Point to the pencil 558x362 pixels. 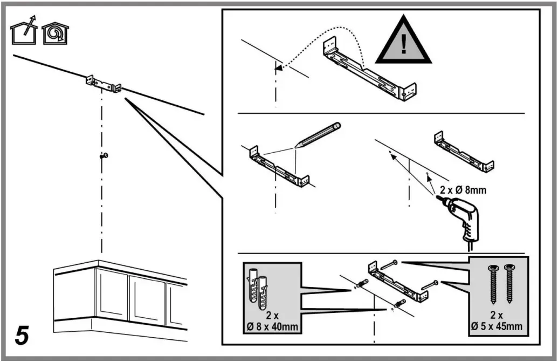[x=318, y=135]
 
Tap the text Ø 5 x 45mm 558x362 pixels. [x=497, y=326]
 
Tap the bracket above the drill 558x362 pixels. [x=464, y=151]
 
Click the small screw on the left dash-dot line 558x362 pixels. [x=104, y=156]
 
